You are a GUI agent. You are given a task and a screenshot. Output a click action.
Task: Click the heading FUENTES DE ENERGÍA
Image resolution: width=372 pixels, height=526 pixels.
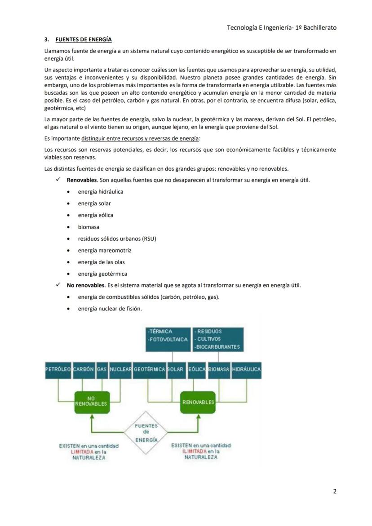click(x=84, y=40)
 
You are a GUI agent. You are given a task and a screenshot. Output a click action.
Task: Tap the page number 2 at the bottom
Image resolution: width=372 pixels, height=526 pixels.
click(x=334, y=491)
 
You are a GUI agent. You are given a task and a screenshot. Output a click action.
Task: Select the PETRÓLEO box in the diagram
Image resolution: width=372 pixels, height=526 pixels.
click(x=58, y=369)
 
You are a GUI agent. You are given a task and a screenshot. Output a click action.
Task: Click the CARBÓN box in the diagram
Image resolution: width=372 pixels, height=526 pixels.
click(x=83, y=369)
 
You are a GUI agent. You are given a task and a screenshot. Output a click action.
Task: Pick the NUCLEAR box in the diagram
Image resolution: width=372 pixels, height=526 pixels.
click(x=120, y=369)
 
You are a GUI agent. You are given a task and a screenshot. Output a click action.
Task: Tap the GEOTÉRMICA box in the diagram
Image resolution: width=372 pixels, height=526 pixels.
click(x=149, y=369)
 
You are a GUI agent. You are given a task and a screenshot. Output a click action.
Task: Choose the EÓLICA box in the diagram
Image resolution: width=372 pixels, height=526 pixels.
click(x=197, y=369)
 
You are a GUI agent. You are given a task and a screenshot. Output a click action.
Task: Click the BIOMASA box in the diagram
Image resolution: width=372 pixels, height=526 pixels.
click(x=219, y=369)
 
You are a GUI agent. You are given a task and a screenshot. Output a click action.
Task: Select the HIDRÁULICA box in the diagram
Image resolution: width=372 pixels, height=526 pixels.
click(x=246, y=369)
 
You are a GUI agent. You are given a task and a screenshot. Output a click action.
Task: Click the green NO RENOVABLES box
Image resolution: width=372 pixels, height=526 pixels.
click(x=91, y=401)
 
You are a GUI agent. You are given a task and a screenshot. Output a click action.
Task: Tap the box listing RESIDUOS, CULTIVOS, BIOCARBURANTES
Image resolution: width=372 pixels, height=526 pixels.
click(x=218, y=339)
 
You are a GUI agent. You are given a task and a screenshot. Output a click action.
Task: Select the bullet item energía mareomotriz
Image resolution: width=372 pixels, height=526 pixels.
click(x=104, y=250)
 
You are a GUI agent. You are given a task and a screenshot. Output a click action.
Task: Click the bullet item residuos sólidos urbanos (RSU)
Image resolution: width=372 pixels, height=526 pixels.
click(x=117, y=239)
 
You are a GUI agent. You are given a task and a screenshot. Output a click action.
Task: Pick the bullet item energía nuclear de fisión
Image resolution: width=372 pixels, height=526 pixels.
click(x=110, y=309)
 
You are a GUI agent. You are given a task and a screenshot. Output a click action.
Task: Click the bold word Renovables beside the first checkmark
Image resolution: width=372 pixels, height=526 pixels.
click(x=82, y=180)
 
